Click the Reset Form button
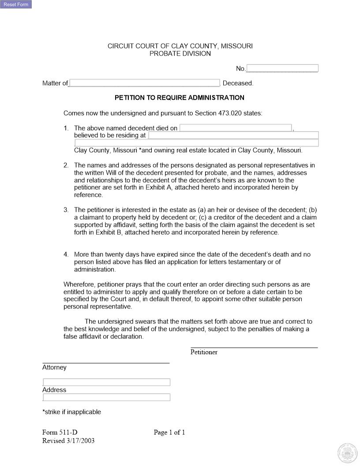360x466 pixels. click(x=16, y=4)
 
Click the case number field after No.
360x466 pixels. click(x=282, y=68)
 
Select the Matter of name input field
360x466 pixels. click(x=144, y=83)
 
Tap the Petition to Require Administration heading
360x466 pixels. click(x=180, y=98)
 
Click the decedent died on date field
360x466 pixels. click(x=236, y=128)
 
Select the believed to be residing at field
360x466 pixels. click(x=233, y=135)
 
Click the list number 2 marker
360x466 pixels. click(x=66, y=165)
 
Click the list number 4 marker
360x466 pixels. click(x=66, y=255)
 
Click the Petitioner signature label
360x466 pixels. click(x=204, y=352)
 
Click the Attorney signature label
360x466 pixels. click(x=54, y=368)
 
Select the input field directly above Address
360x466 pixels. click(x=106, y=382)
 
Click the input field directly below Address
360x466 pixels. click(x=106, y=397)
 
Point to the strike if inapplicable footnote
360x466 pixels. click(x=71, y=412)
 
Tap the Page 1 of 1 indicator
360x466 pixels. click(x=169, y=432)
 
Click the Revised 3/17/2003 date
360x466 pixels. click(x=68, y=441)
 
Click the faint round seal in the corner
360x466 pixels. click(x=346, y=453)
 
